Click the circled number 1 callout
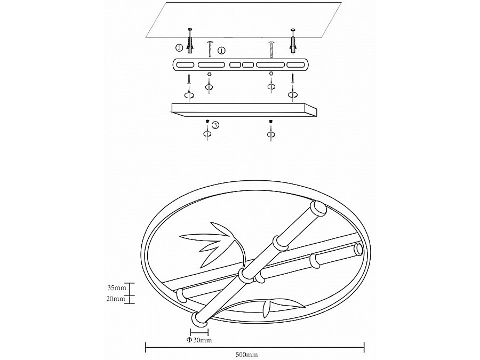221,50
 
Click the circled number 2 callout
179,47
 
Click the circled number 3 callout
215,125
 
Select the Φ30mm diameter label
199,340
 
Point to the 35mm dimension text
117,288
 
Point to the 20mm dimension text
117,299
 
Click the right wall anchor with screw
292,41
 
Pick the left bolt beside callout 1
210,49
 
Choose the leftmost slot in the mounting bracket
185,65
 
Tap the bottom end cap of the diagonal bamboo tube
199,321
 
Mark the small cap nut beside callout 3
207,122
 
